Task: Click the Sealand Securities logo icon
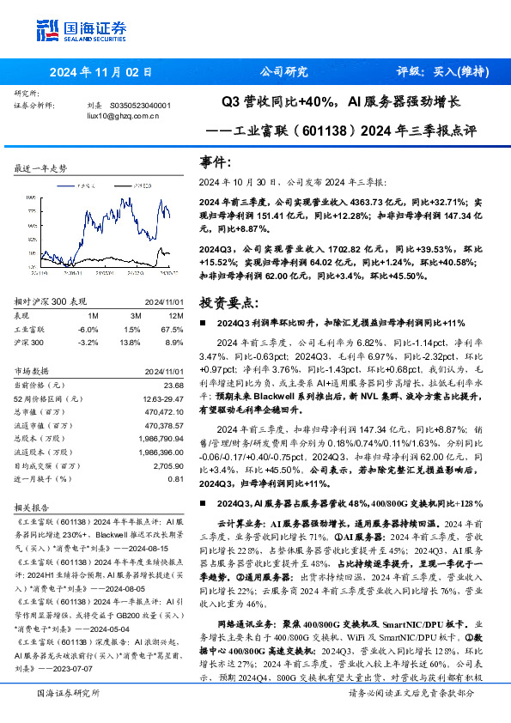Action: (47, 28)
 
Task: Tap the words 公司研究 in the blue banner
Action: (283, 72)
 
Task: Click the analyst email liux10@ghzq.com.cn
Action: (124, 114)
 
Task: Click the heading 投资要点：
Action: (228, 302)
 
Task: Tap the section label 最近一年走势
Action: (41, 169)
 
